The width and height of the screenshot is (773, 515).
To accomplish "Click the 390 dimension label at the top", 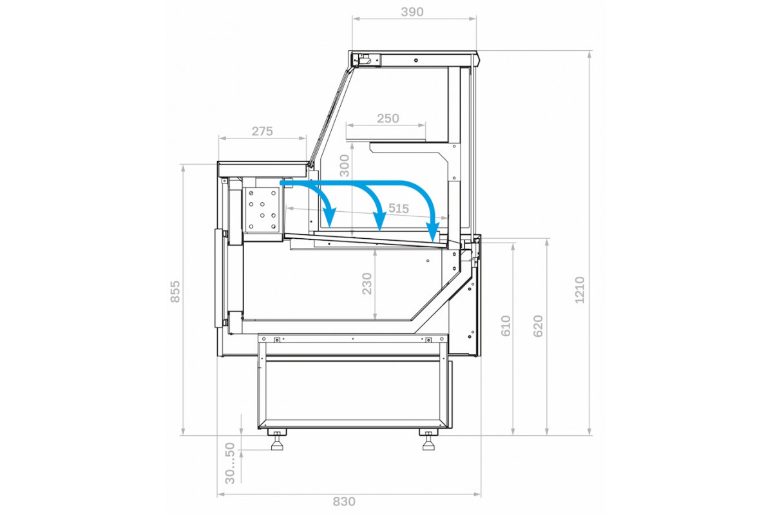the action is tap(412, 12).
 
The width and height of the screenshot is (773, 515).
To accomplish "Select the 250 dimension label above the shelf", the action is tap(388, 118).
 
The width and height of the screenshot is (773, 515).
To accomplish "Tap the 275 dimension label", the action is tap(262, 131).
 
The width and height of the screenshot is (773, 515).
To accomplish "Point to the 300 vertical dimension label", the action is tap(345, 165).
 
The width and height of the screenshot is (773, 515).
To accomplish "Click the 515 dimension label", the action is tap(399, 209).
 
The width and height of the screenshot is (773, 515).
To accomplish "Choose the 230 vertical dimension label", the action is tap(367, 283).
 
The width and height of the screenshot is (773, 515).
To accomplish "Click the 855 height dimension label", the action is tap(175, 292).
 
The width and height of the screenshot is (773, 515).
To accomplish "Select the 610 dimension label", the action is tap(506, 326).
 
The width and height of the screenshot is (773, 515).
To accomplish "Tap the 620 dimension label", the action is tap(538, 326).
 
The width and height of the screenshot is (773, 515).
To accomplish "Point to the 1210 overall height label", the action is tap(580, 290).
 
